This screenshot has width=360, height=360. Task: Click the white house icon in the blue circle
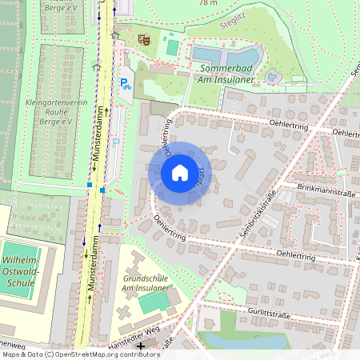click(x=180, y=173)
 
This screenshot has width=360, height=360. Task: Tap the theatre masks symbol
click(x=144, y=38)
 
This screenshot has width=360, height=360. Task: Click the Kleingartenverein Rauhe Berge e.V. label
click(x=50, y=112)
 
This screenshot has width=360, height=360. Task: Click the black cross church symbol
click(x=142, y=347)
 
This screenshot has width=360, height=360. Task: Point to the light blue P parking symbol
click(x=116, y=142)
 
